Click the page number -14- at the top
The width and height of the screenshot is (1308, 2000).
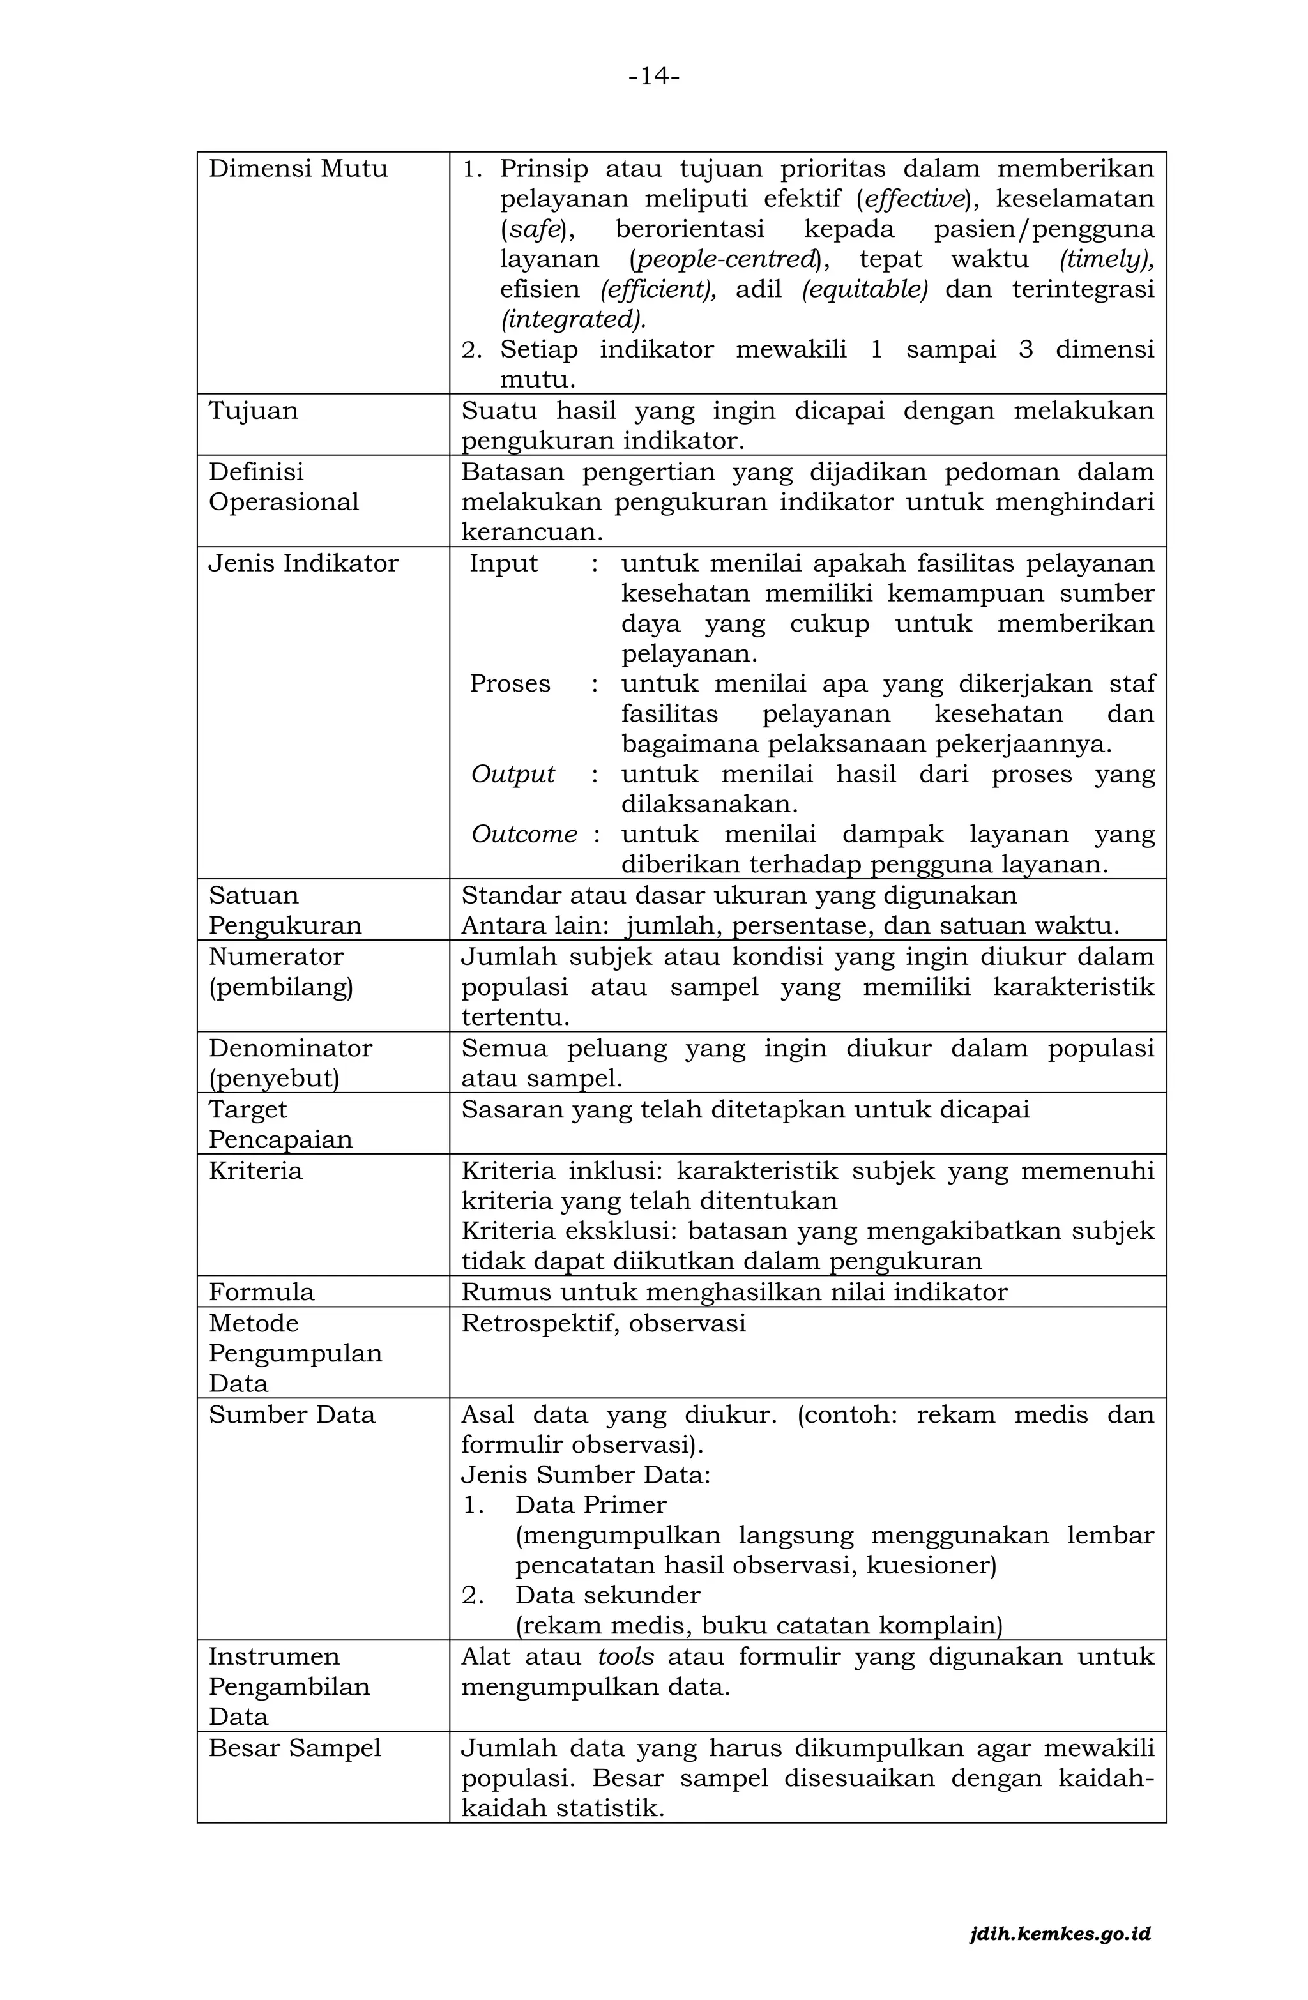(x=653, y=77)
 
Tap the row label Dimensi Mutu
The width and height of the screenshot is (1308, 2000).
(x=298, y=169)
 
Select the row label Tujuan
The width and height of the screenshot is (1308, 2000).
(x=253, y=411)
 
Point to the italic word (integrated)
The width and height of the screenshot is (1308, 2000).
(x=574, y=320)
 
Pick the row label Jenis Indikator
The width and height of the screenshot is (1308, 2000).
(x=303, y=563)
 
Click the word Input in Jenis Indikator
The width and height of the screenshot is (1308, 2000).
(x=503, y=563)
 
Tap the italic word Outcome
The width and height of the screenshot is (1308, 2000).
(x=524, y=835)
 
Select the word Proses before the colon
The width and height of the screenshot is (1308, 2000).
(x=510, y=684)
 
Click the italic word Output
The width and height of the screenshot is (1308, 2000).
(x=513, y=774)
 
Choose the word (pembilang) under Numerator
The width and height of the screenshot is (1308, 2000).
(x=281, y=987)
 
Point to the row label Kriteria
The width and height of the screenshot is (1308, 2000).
(x=255, y=1170)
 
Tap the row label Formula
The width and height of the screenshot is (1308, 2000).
(x=261, y=1292)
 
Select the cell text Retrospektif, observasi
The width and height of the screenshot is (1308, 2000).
(x=603, y=1324)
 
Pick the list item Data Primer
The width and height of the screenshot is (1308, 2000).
(x=590, y=1505)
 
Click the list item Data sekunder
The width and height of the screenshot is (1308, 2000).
(x=607, y=1596)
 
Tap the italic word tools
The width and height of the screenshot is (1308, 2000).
(x=625, y=1657)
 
